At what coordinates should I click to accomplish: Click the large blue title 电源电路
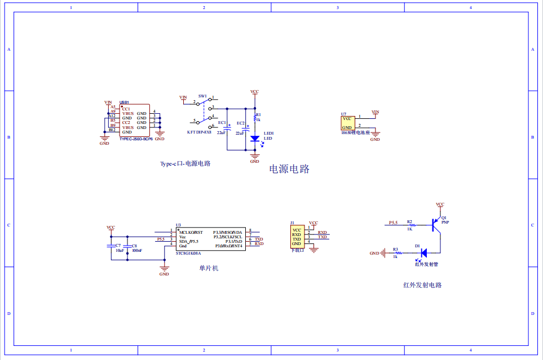289,169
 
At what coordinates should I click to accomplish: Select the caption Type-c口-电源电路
185,164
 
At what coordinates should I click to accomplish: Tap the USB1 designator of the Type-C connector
124,103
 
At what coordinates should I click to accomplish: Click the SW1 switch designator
202,96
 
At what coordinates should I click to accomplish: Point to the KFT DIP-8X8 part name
199,132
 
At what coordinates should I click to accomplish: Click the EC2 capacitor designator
241,123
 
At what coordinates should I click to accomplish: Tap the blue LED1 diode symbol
254,139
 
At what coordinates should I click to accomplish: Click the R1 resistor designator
259,114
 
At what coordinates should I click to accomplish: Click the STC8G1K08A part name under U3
188,254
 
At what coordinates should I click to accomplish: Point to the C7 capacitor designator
118,246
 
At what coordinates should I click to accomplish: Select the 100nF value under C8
136,251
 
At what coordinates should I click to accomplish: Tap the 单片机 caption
208,268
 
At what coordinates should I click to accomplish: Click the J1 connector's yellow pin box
297,237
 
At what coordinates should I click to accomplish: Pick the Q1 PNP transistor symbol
435,224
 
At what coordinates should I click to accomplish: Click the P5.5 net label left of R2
393,223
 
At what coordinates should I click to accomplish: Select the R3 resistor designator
395,249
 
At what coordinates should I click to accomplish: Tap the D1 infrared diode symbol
423,254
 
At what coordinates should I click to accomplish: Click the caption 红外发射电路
422,285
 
